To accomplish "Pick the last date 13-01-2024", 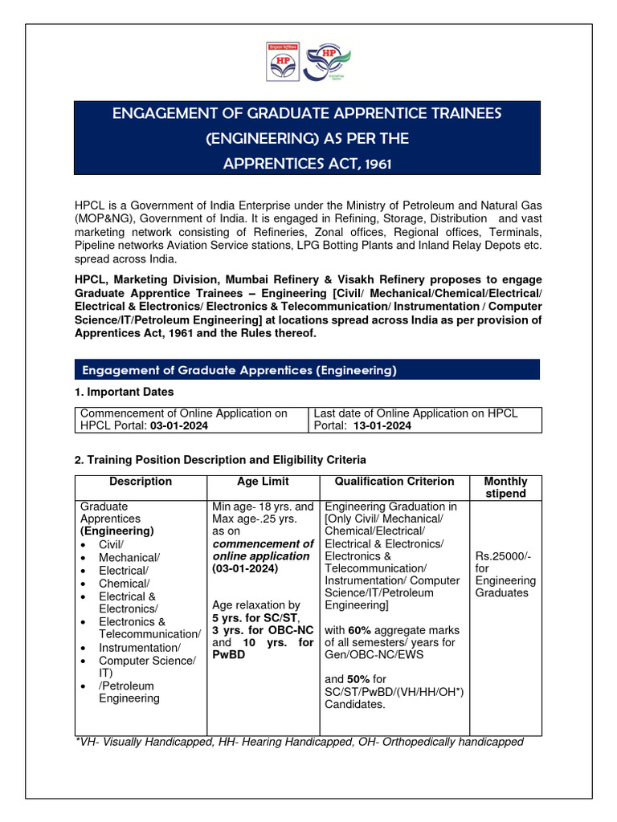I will (x=382, y=426).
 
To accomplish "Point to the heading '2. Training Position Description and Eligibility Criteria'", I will (x=220, y=460).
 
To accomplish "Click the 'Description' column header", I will (x=141, y=482).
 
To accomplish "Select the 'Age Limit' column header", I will (x=263, y=482).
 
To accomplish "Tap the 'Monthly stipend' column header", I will (x=505, y=487).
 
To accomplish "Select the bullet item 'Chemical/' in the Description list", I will (x=125, y=584).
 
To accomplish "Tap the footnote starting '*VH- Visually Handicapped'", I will (x=299, y=742).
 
